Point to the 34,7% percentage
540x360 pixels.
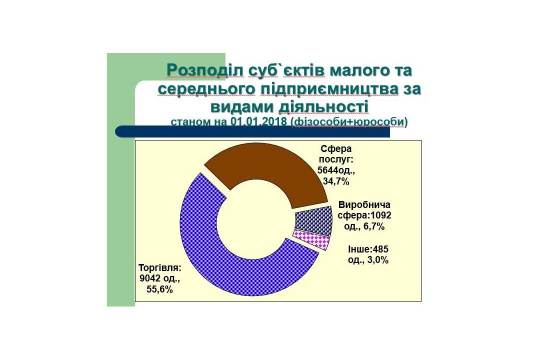click(x=336, y=181)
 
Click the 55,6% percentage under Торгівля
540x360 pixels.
click(x=159, y=289)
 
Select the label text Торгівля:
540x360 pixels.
click(x=160, y=267)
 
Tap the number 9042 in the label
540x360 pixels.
click(x=150, y=278)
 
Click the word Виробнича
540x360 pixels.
click(x=364, y=204)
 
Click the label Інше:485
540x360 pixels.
click(x=368, y=248)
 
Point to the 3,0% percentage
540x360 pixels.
click(x=377, y=260)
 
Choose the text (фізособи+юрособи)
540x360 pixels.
click(x=349, y=122)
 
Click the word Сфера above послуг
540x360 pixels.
click(x=336, y=149)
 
